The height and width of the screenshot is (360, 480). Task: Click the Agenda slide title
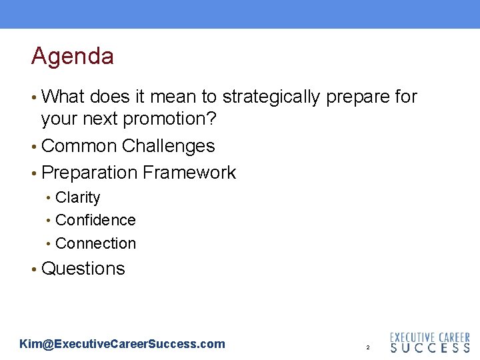(72, 56)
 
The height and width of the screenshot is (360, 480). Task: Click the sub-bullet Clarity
(78, 198)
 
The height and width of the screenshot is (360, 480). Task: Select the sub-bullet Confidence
(95, 220)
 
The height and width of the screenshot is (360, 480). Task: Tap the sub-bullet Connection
(95, 243)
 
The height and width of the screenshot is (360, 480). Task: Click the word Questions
(83, 269)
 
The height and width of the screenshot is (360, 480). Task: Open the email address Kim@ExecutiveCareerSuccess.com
(123, 344)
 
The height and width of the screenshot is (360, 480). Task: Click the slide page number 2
(367, 348)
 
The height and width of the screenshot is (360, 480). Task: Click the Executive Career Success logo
(429, 343)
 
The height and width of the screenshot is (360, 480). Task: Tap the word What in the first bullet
(63, 97)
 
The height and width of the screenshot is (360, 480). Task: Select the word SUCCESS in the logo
(429, 348)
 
